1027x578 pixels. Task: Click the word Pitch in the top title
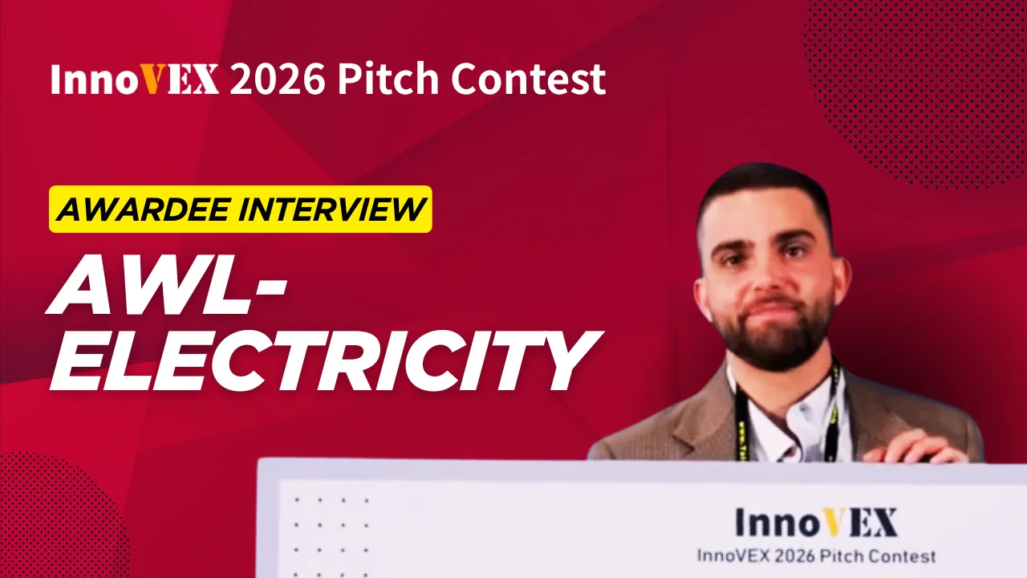pos(388,79)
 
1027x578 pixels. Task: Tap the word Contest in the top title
pos(529,79)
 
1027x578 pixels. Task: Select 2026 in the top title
pos(278,79)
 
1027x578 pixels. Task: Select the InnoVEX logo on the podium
pos(816,522)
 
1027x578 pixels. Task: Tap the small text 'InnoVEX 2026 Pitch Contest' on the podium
pos(816,556)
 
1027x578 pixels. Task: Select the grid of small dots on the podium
pos(331,538)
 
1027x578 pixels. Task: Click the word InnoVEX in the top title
pos(134,79)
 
